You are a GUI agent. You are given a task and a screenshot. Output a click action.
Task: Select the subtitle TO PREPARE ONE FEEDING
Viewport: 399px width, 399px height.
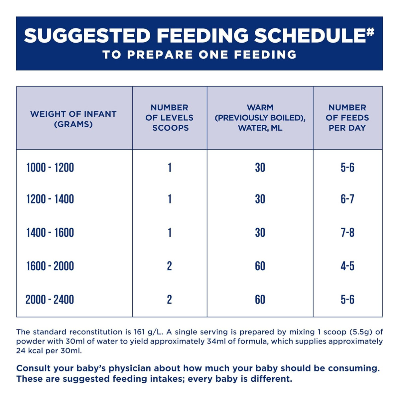(x=199, y=55)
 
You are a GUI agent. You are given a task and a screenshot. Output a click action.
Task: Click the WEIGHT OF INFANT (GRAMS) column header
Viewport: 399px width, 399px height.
(x=73, y=119)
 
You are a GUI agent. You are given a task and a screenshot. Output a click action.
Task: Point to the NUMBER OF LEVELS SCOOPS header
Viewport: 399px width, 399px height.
(x=169, y=118)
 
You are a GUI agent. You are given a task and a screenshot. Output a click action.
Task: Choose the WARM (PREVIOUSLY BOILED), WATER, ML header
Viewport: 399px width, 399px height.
(x=260, y=118)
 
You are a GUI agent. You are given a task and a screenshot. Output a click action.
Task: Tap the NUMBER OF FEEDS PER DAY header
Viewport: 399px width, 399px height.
(x=347, y=118)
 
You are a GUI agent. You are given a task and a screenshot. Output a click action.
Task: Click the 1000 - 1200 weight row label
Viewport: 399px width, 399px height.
(x=50, y=168)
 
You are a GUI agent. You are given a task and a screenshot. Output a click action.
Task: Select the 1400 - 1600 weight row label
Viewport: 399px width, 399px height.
(x=50, y=232)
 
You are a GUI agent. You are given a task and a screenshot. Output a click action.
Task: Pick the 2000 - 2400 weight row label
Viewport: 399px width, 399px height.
(x=50, y=300)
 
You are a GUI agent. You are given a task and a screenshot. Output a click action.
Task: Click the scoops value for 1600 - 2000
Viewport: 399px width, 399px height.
(x=169, y=266)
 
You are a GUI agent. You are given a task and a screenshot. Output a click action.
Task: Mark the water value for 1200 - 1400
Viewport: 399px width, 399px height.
(x=260, y=199)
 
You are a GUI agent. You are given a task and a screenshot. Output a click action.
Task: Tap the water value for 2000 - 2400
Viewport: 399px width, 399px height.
(x=260, y=300)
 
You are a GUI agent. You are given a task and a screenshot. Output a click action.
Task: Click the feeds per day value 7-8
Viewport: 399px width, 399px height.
(x=347, y=232)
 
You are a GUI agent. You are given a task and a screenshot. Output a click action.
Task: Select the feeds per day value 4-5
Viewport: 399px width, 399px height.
(x=347, y=266)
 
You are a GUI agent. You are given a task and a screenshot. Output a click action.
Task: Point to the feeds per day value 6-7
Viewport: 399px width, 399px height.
(x=347, y=199)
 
